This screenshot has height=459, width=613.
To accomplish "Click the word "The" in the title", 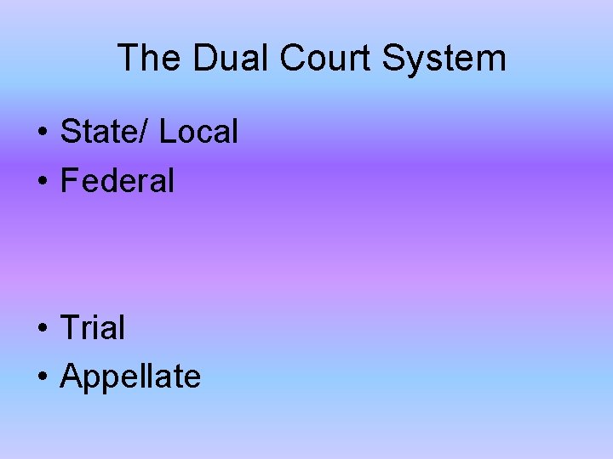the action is click(x=149, y=59).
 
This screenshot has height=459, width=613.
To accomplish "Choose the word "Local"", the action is click(x=198, y=132).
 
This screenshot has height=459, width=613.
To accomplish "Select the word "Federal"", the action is click(x=117, y=180).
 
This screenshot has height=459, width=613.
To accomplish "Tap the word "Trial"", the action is click(x=92, y=327).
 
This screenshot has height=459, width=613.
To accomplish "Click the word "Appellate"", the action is click(x=130, y=377).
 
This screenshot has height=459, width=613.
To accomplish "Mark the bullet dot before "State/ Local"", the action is click(x=41, y=133).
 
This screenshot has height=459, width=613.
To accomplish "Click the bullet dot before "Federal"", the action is click(x=41, y=182).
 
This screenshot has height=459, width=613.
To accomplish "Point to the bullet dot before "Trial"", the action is click(x=41, y=329).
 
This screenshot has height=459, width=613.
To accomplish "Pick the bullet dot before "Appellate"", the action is click(x=41, y=377).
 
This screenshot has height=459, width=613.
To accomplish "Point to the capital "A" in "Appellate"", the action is click(x=71, y=376).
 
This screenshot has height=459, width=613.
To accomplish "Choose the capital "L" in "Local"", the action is click(x=167, y=132).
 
